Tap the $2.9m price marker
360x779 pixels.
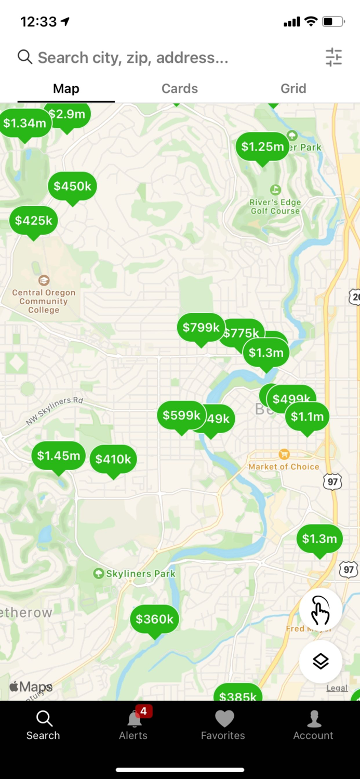67,115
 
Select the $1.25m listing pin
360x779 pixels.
262,147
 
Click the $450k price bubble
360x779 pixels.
72,186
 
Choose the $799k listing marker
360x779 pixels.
201,328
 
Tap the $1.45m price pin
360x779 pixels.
58,456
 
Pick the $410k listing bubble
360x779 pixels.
113,459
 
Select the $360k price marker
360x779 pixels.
154,619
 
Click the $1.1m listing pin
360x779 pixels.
307,417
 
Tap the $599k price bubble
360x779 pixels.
181,415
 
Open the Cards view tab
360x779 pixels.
180,88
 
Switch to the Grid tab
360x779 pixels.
294,88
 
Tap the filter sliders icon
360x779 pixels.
334,57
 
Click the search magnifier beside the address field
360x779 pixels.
25,57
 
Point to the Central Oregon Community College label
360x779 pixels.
44,301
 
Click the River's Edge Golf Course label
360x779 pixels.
275,206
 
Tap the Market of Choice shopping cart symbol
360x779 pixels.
284,454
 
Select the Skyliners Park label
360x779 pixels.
140,574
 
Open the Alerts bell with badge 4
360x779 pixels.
134,719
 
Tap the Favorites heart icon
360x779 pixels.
224,719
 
